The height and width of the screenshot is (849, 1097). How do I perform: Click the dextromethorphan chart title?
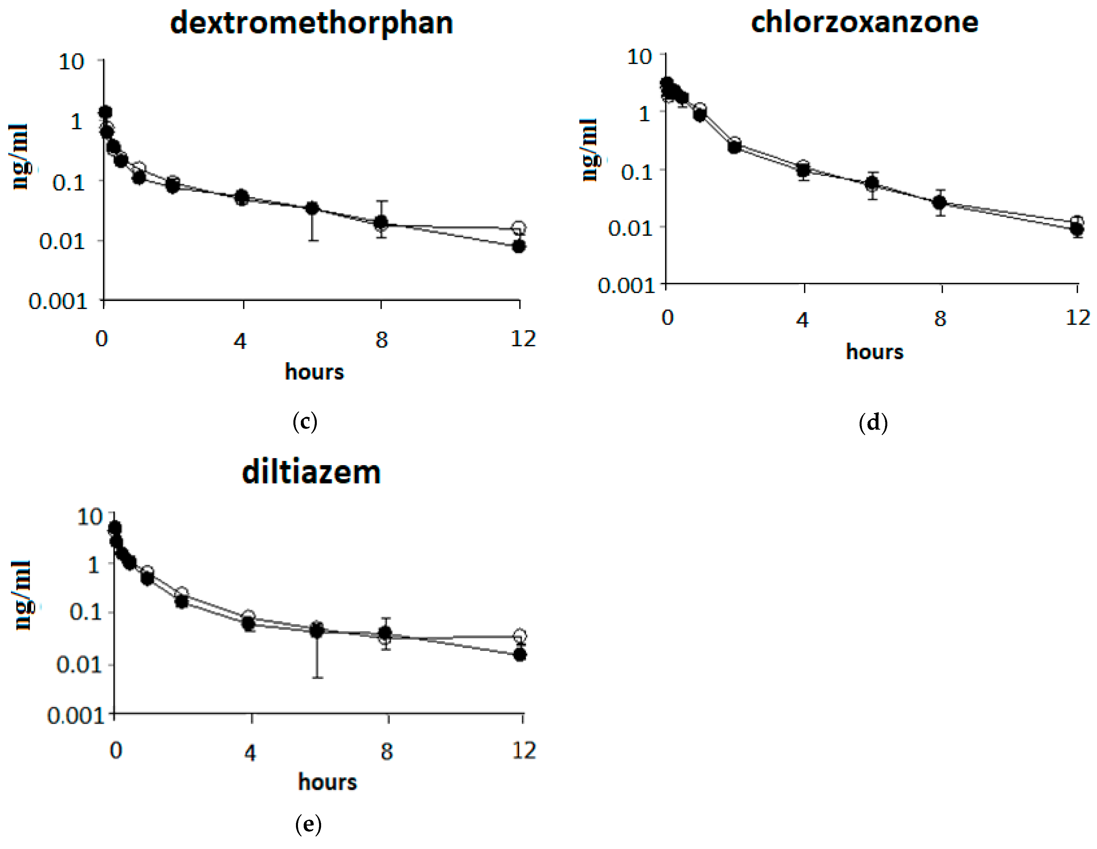point(311,24)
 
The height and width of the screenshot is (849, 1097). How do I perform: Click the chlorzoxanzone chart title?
point(864,23)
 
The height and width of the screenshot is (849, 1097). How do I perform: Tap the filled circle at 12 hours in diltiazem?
point(521,655)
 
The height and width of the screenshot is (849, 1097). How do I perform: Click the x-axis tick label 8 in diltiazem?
point(386,752)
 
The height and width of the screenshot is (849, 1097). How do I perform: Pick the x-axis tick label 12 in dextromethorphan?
point(523,339)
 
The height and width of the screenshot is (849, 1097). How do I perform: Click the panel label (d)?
point(874,423)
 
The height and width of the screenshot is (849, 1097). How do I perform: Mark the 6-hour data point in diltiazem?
point(317,629)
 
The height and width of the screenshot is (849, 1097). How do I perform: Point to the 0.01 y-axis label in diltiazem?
point(79,665)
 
